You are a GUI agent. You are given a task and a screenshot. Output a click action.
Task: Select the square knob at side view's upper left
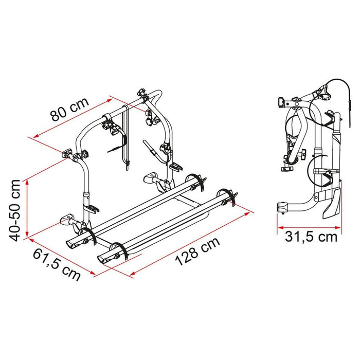[280, 102]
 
